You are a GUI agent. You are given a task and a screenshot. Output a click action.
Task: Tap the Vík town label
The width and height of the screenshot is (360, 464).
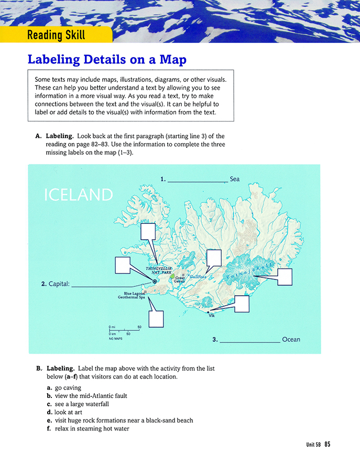(x=212, y=316)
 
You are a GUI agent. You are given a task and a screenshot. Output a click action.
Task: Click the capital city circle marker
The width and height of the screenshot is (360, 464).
(x=155, y=282)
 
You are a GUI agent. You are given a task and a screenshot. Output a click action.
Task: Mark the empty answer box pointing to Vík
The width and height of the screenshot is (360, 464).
(x=242, y=304)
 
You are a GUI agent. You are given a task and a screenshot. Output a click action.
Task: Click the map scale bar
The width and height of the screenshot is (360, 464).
(x=124, y=330)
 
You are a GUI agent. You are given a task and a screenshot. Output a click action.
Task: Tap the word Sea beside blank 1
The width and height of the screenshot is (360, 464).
(x=235, y=179)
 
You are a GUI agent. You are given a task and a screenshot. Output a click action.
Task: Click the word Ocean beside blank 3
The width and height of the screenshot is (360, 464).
(x=291, y=340)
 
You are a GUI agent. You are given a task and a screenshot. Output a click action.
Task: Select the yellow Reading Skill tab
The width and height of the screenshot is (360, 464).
(x=56, y=36)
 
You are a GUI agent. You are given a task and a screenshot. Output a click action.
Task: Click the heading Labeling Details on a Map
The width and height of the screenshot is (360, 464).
(x=106, y=60)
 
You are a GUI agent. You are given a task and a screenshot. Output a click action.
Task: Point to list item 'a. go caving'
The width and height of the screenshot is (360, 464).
(x=62, y=388)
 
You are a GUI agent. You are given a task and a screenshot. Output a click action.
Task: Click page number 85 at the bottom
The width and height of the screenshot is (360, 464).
(x=327, y=444)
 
